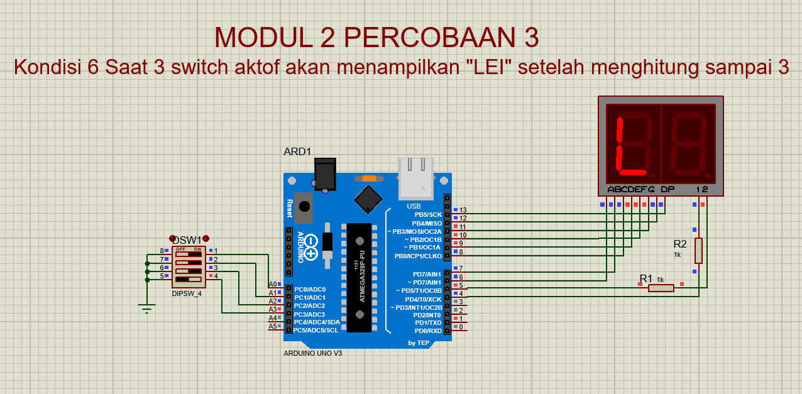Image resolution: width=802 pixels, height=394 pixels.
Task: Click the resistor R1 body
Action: (661, 288)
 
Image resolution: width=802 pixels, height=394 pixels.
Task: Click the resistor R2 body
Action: (698, 250)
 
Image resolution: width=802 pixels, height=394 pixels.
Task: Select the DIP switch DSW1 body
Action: (189, 266)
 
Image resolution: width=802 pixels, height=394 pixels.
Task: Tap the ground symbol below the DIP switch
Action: (147, 307)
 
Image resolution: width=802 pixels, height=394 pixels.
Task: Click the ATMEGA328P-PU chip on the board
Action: (359, 276)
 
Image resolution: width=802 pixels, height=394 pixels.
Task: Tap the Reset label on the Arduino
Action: (290, 207)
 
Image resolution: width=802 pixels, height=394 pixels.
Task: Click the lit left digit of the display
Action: (632, 144)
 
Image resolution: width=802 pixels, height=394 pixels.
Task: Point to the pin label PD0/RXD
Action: (427, 331)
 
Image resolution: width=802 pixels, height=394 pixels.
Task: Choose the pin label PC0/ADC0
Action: (309, 289)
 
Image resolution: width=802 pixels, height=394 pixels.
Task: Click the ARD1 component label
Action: (297, 151)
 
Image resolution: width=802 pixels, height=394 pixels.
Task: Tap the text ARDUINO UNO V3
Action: (312, 353)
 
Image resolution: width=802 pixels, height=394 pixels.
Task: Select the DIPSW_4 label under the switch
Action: (187, 293)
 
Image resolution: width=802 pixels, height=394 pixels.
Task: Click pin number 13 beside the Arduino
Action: (463, 210)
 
